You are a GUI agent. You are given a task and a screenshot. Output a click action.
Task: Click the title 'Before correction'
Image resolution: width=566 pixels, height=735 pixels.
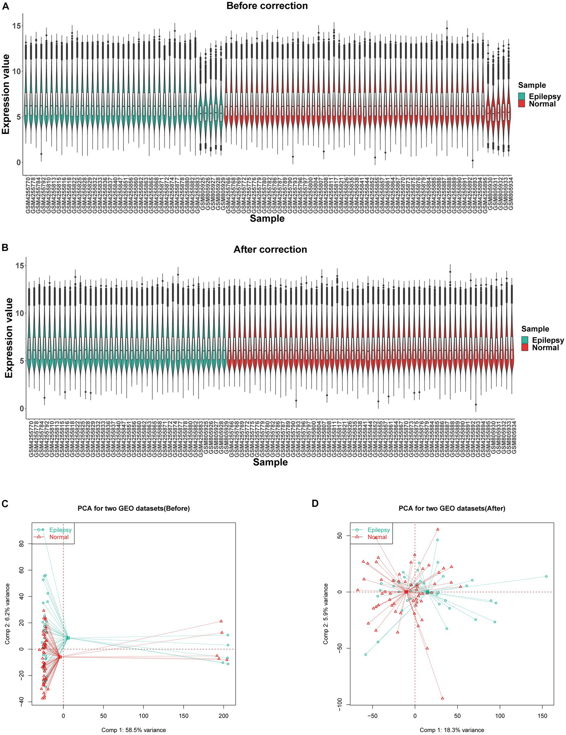tap(267, 6)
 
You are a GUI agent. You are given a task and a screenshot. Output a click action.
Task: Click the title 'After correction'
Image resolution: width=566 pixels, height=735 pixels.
tap(270, 250)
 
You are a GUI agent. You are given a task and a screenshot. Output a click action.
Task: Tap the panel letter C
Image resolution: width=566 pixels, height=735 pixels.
tap(5, 503)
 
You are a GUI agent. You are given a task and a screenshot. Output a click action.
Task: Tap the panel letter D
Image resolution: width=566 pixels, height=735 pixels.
tap(315, 503)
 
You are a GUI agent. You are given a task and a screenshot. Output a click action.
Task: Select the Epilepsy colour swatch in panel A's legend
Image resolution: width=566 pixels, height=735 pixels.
tap(522, 96)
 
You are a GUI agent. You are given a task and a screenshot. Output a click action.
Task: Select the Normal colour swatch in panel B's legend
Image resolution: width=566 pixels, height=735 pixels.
tap(525, 347)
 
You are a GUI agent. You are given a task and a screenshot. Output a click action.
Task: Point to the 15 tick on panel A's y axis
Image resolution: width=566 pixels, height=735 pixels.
tap(16, 26)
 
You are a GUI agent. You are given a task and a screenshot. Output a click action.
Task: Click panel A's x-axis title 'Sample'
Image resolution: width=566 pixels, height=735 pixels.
tap(267, 218)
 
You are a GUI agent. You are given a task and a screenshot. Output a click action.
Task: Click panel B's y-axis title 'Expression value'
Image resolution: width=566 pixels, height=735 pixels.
tap(9, 338)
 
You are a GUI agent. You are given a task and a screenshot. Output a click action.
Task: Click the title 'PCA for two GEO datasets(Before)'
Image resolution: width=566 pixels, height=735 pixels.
tap(133, 508)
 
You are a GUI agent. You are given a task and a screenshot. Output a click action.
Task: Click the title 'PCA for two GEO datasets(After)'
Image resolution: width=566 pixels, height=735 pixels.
tap(452, 508)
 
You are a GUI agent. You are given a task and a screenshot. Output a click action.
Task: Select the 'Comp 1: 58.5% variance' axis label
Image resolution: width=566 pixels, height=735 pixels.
tap(133, 730)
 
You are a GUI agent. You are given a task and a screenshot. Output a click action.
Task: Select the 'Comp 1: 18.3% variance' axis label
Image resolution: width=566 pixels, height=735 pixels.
tap(452, 730)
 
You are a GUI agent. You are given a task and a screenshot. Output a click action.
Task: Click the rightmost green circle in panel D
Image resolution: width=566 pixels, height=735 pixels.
tap(546, 576)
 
